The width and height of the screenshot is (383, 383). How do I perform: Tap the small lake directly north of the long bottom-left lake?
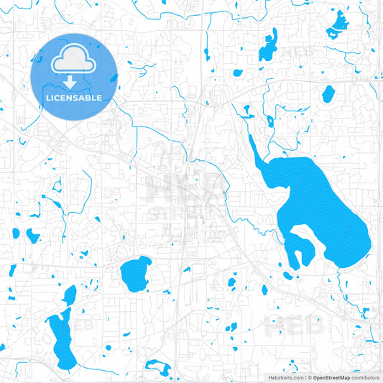(x=70, y=295)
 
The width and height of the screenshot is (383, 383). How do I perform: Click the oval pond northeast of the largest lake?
(x=328, y=93)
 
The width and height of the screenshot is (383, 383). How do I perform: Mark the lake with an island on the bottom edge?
(x=160, y=371)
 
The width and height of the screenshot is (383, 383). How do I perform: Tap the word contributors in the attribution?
(x=365, y=377)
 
